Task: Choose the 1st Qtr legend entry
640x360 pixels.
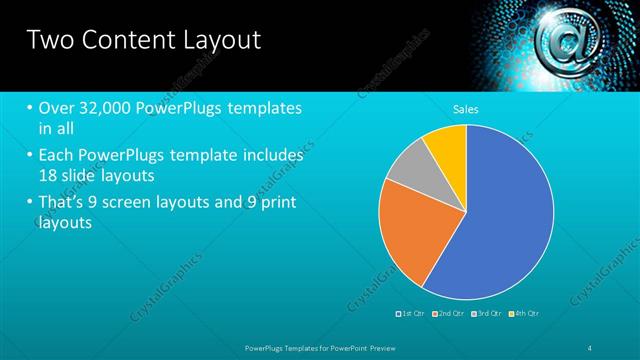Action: click(x=411, y=313)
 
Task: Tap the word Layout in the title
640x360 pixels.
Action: click(x=219, y=40)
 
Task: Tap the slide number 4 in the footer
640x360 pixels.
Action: click(x=592, y=347)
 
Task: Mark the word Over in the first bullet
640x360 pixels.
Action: click(x=57, y=107)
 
